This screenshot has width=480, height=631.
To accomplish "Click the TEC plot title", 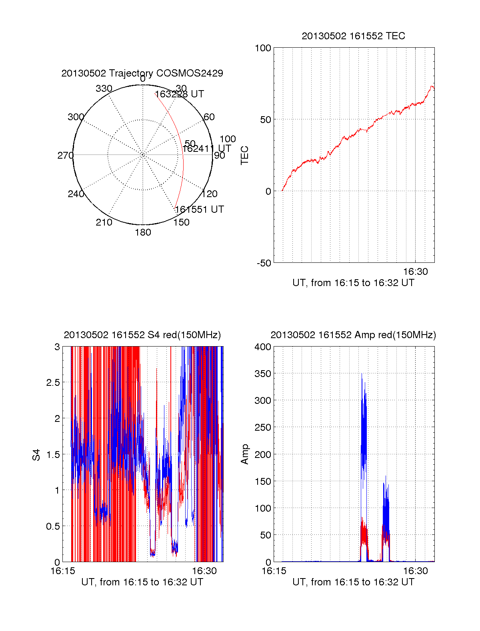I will tap(353, 36).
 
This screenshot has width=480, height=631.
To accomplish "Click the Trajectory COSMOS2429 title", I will tap(142, 73).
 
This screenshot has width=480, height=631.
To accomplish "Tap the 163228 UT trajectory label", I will tap(179, 94).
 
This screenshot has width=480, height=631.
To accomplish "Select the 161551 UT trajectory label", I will tap(199, 210).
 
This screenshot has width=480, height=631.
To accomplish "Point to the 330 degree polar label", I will tap(104, 89).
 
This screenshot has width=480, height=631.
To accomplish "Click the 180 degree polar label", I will tap(143, 232).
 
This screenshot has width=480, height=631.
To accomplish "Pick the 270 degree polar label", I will tap(65, 155).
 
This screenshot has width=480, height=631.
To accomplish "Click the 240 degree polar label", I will tap(76, 194).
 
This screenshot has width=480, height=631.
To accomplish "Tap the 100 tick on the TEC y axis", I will tap(263, 48).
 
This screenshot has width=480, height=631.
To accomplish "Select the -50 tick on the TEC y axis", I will tap(264, 263).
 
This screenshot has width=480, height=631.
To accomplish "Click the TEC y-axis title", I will tap(244, 155).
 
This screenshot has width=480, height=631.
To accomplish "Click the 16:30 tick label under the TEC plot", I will tap(415, 272).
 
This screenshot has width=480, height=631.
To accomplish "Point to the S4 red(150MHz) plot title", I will tap(142, 335).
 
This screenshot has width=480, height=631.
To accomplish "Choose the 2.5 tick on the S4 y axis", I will tap(53, 383).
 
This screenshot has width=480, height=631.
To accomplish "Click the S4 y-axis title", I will tap(36, 455).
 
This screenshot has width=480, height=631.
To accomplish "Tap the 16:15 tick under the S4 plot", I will tap(62, 571).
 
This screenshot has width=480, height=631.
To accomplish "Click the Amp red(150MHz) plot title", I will tap(353, 335).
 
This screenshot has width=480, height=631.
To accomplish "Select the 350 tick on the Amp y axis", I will tap(263, 374).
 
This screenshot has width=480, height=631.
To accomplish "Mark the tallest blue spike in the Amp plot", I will tap(362, 375).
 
